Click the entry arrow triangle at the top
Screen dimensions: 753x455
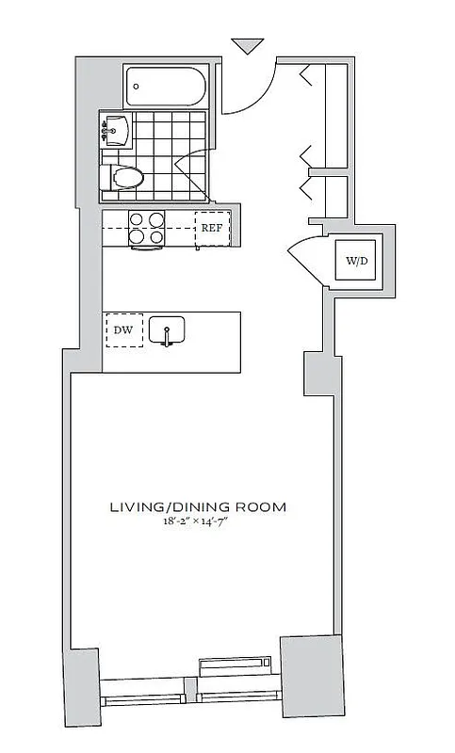tap(247, 45)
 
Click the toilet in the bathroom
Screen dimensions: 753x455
tap(125, 177)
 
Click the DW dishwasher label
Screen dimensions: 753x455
tap(123, 330)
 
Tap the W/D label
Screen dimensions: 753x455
tap(355, 260)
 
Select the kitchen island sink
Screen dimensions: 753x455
tap(167, 329)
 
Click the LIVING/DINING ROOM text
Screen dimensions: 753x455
tap(197, 507)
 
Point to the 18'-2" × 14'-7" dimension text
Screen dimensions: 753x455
tap(197, 523)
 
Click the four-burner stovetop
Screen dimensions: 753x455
tap(146, 228)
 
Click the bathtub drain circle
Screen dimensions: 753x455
tap(138, 87)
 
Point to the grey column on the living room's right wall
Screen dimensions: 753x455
tap(317, 374)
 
